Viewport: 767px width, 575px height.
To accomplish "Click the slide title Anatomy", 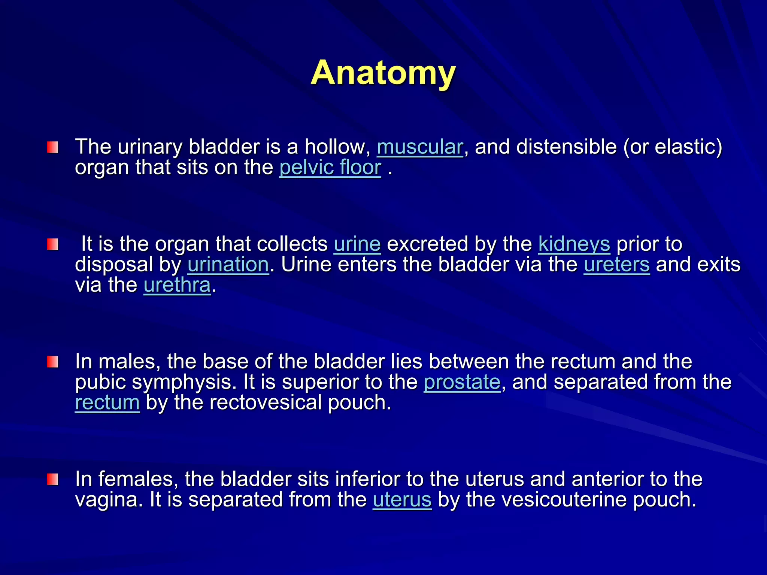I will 383,73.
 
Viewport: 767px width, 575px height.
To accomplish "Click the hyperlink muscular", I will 420,147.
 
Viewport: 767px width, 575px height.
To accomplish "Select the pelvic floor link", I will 330,168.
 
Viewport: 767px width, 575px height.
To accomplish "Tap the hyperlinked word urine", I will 357,244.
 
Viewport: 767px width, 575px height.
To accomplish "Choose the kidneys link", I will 574,244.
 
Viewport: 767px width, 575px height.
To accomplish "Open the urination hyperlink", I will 228,265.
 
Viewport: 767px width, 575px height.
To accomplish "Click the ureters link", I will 616,265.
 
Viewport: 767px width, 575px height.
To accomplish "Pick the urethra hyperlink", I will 177,285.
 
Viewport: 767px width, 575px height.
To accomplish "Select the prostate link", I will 462,382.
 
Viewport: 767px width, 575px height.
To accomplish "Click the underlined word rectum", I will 107,403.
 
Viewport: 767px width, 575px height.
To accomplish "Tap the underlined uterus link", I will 402,500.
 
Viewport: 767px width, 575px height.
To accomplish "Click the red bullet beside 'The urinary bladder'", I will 52,147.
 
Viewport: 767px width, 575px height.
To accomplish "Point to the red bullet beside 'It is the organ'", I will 52,245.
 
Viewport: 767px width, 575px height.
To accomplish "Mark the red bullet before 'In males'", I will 52,362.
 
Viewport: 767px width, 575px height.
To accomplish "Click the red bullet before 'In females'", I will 52,480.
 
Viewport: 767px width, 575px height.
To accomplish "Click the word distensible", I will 566,147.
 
